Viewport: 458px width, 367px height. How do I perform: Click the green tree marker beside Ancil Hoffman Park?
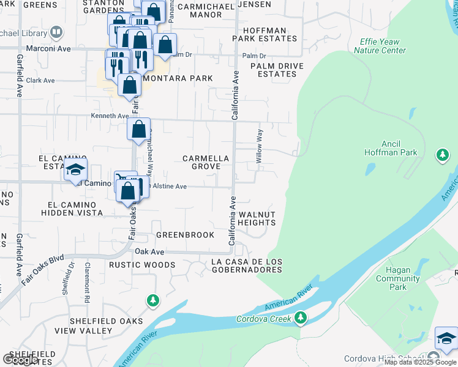pyautogui.click(x=443, y=155)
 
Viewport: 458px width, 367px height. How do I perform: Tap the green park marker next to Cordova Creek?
pyautogui.click(x=300, y=317)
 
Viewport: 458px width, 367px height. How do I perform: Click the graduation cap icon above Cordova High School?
pyautogui.click(x=446, y=339)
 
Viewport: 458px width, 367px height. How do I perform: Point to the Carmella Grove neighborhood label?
pyautogui.click(x=206, y=162)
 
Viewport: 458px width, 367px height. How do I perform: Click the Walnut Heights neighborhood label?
pyautogui.click(x=257, y=218)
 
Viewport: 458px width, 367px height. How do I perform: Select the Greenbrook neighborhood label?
pyautogui.click(x=185, y=235)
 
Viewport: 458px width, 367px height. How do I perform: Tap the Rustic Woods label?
pyautogui.click(x=142, y=265)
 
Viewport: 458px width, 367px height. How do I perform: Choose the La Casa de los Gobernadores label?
pyautogui.click(x=246, y=265)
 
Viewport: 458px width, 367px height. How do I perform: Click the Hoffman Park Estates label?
pyautogui.click(x=264, y=34)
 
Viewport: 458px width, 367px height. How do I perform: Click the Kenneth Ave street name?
pyautogui.click(x=110, y=115)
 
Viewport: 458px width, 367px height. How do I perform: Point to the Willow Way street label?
pyautogui.click(x=260, y=146)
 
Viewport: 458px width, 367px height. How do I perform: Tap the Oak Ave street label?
pyautogui.click(x=149, y=251)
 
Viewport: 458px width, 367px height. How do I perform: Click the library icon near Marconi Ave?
pyautogui.click(x=56, y=31)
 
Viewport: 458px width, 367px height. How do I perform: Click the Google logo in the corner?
pyautogui.click(x=21, y=360)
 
